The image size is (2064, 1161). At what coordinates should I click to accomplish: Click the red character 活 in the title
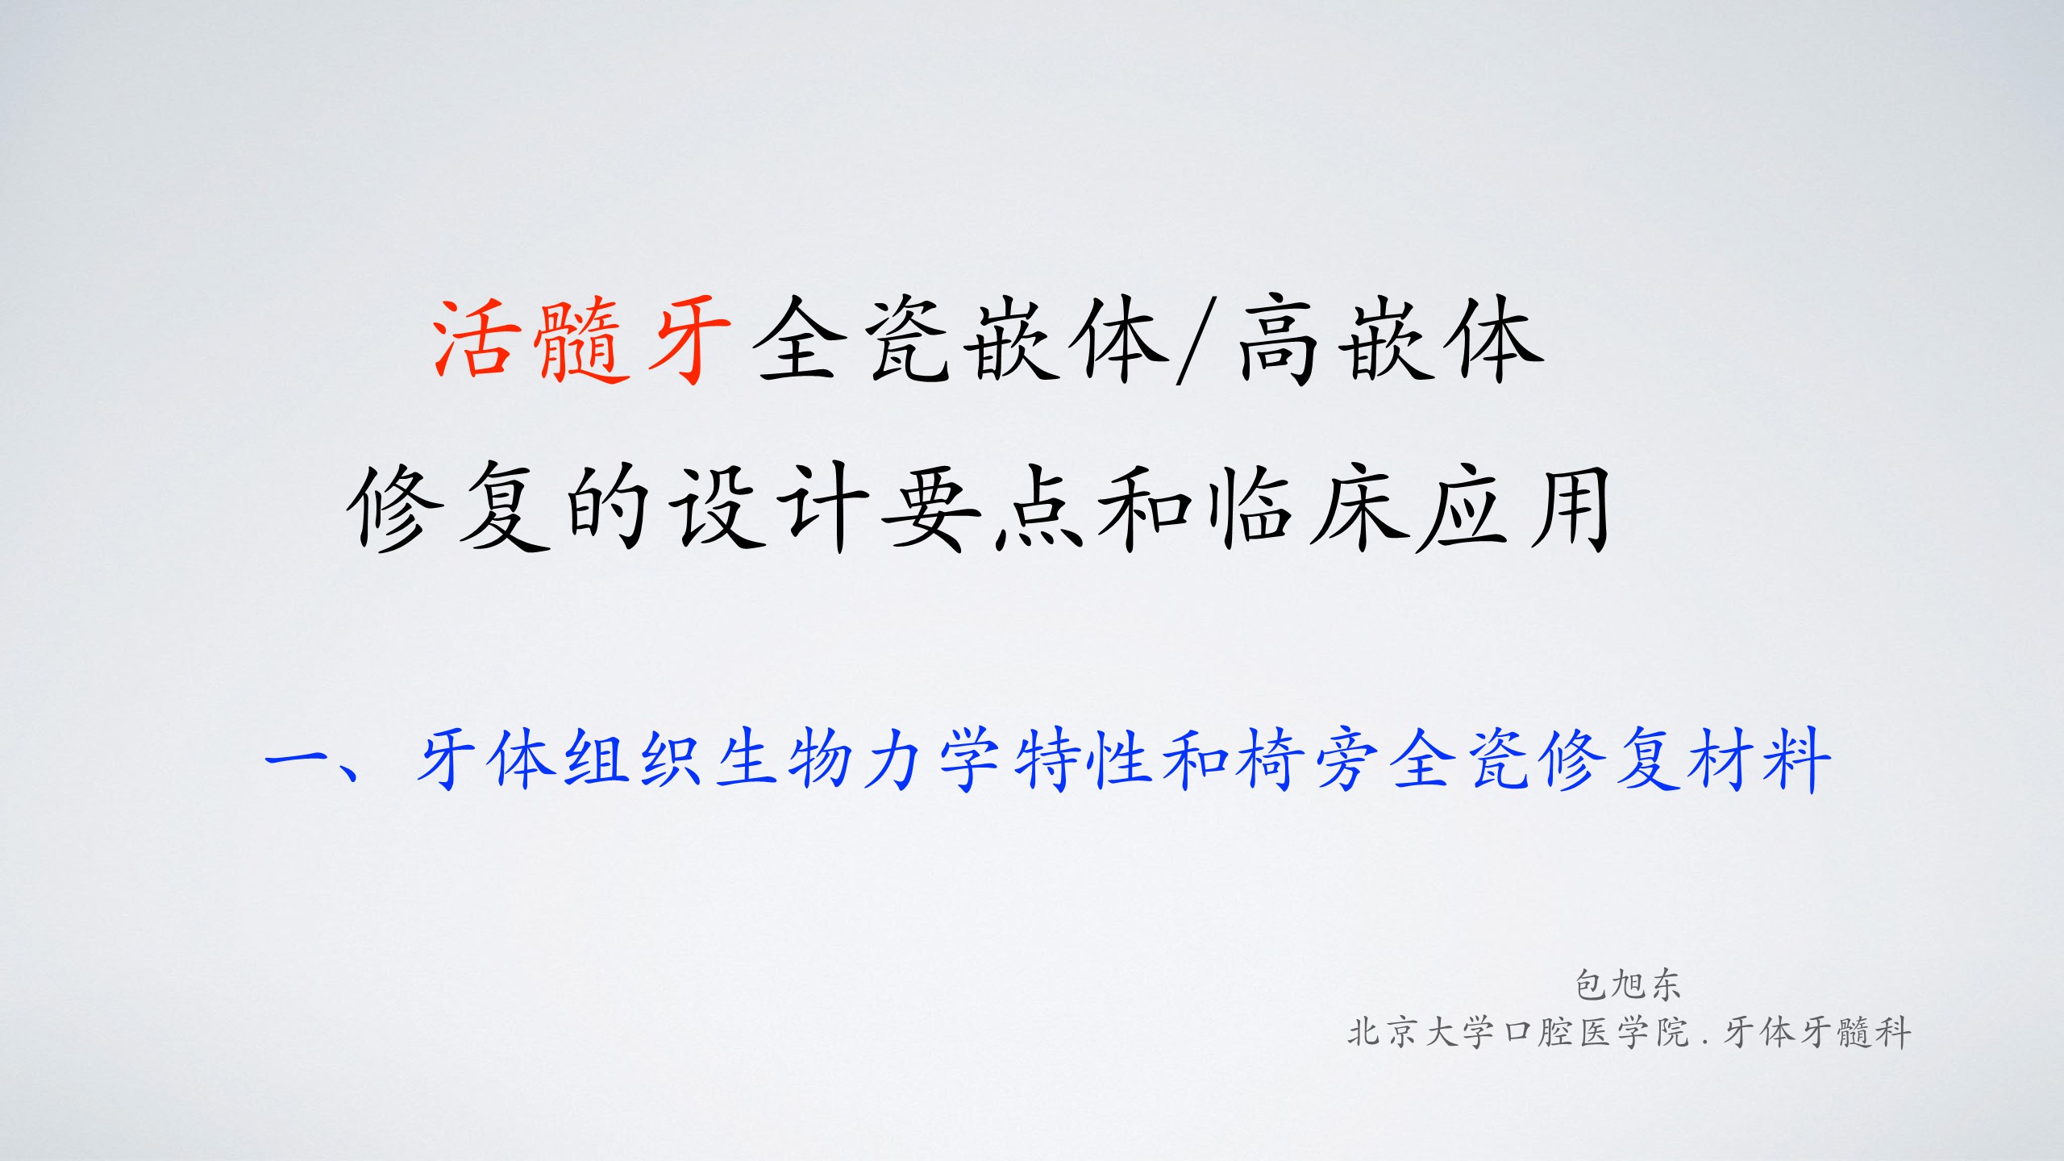coord(476,339)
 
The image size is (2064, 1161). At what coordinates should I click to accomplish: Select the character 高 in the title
coord(1282,339)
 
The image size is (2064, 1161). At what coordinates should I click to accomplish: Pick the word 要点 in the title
coord(984,509)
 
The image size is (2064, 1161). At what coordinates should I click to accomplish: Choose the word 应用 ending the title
coord(1516,509)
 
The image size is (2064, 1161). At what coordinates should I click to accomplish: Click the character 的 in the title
coord(609,509)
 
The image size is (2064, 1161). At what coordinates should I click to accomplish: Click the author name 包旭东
coord(1628,984)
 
